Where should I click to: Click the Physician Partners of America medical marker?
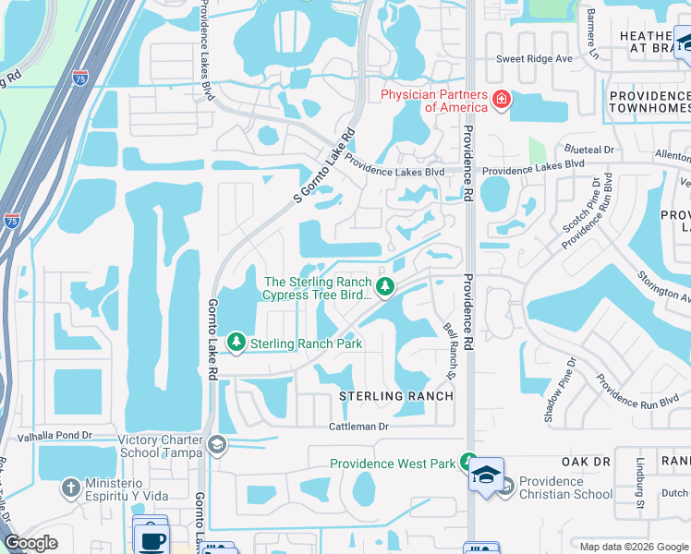click(502, 99)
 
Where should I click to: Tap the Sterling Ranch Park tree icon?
click(236, 343)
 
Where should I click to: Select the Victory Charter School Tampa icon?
click(216, 446)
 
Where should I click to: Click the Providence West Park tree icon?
click(469, 461)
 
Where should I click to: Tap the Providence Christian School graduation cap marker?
click(505, 487)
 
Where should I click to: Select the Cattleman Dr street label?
click(360, 427)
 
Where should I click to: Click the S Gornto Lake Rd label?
click(324, 166)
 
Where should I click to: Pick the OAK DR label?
click(587, 461)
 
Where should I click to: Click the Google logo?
click(31, 543)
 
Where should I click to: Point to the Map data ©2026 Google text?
click(632, 546)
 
